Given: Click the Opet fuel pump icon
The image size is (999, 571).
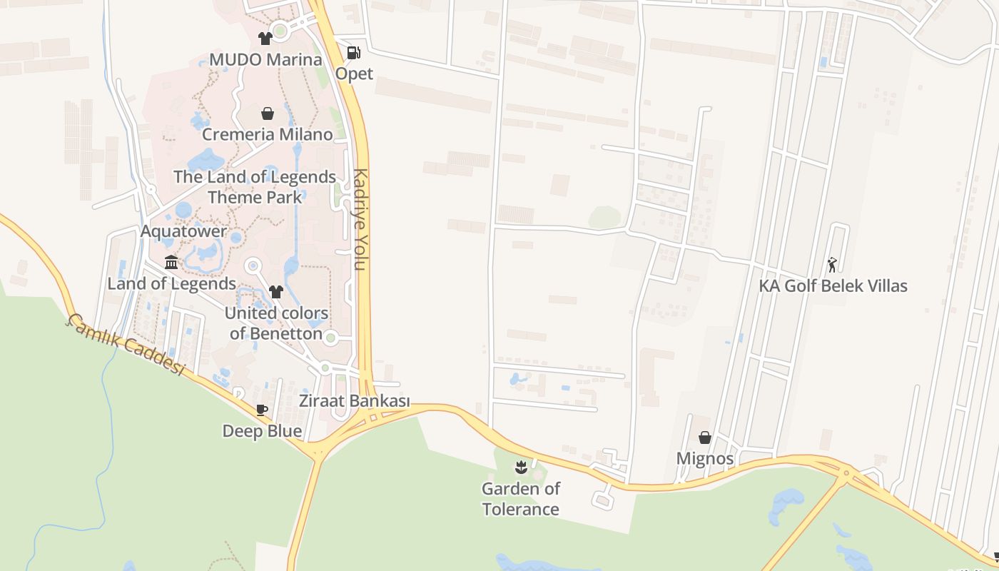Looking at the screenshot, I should pos(353,53).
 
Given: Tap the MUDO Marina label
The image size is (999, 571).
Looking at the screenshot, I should pos(265,59).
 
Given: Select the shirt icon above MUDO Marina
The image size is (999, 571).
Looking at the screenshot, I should pos(265,38).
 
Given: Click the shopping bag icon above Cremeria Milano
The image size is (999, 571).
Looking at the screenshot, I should pos(268,113).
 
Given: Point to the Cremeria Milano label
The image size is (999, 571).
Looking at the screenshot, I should pos(268,134).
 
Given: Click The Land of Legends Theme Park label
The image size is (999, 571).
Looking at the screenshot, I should pos(255,186).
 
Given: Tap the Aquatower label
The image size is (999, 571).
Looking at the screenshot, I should pos(183,231).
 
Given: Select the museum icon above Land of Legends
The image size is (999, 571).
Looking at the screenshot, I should pos(171,263).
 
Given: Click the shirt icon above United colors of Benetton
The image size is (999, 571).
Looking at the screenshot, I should pos(276,291).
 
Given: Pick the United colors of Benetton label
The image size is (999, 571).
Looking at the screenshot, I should pos(276,323).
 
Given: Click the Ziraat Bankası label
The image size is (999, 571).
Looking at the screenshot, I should pos(355,401).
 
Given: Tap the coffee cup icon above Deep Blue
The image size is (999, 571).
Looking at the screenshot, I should pos(262,410).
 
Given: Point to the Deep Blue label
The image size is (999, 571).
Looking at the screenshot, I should pos(262,431).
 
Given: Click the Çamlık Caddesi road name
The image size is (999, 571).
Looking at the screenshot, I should pos(126,345).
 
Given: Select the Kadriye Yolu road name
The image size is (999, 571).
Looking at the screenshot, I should pos(360,219).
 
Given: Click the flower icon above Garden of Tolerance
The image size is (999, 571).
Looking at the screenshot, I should pos(521,468).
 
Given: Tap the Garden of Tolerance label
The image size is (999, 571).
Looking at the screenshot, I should pos(521,499).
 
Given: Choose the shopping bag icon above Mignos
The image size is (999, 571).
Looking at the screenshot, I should pos(705,438).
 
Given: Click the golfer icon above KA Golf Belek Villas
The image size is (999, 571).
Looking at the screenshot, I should pos(832,265).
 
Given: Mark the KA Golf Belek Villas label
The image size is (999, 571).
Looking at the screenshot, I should pos(833,286).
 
